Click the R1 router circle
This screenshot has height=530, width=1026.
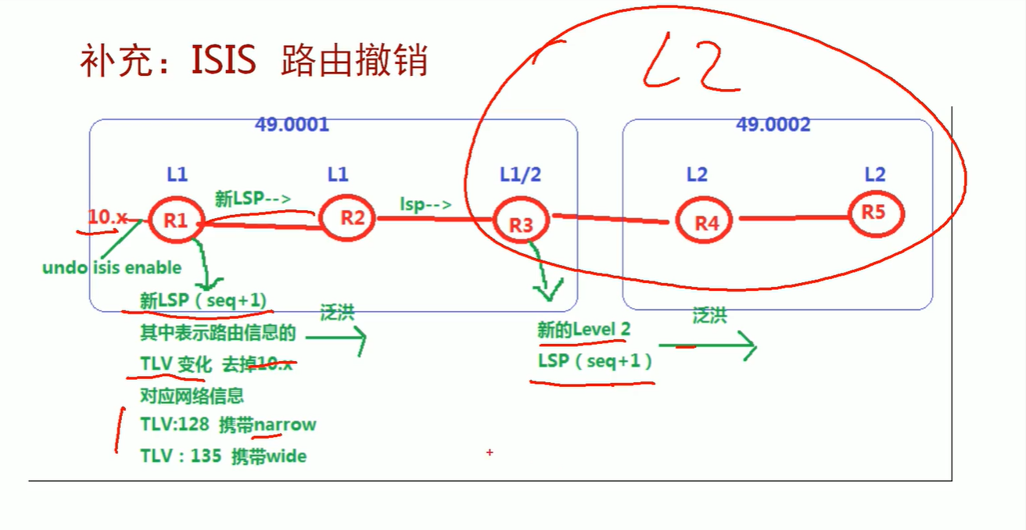tap(176, 220)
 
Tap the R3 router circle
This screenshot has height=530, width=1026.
tap(521, 224)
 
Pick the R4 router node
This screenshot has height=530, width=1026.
tap(706, 222)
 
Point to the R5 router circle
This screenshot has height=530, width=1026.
tap(874, 212)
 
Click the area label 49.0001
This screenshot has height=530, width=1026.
tap(292, 124)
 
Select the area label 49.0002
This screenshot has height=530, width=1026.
tap(773, 124)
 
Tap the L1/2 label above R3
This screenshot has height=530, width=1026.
tap(521, 174)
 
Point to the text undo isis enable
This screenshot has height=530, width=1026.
tap(112, 267)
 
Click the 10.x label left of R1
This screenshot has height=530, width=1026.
tap(108, 217)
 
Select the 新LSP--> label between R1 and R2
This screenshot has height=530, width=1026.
tap(253, 199)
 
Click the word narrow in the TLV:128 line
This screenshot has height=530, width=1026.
tap(285, 424)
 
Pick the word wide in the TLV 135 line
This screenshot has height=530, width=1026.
tap(286, 456)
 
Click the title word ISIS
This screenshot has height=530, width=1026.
tap(224, 60)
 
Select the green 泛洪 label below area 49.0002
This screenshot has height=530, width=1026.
tap(709, 315)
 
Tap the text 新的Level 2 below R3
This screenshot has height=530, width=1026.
tap(583, 329)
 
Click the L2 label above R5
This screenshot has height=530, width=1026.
tap(874, 174)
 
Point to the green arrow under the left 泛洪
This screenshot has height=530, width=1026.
tap(335, 339)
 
